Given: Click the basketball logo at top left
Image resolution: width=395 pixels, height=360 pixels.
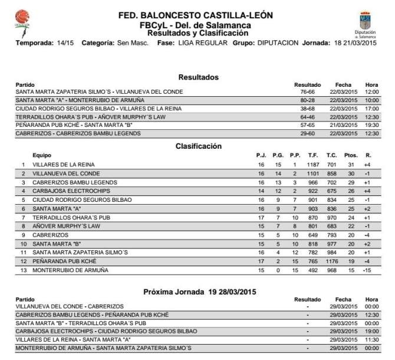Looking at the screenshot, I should click(22, 19).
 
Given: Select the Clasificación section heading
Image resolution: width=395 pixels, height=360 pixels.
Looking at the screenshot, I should click(198, 146).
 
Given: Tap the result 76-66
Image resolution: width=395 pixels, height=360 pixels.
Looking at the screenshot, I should click(307, 92).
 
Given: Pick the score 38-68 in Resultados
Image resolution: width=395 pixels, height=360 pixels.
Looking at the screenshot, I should click(307, 109).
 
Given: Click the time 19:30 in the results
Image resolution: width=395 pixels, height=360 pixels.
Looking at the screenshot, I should click(371, 126).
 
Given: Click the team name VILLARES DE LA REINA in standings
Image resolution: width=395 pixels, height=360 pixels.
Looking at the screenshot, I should click(64, 164).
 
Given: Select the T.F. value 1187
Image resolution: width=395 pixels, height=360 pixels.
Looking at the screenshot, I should click(312, 164).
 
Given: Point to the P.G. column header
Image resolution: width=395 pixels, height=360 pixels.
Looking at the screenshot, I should click(278, 155).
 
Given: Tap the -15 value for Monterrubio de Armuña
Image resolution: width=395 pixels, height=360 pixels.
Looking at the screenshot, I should click(367, 270).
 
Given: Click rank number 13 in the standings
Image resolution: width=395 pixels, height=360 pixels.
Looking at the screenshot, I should click(24, 270).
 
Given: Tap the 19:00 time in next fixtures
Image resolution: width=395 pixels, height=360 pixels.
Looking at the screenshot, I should click(371, 332).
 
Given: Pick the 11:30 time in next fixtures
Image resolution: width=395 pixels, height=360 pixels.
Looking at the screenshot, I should click(371, 341).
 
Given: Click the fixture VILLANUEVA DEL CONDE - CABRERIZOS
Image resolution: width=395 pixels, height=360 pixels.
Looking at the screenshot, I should click(70, 307).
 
